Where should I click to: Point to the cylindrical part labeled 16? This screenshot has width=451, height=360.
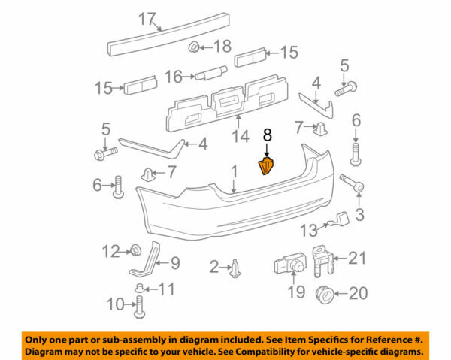point(210,74)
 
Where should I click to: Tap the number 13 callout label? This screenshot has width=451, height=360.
point(310,230)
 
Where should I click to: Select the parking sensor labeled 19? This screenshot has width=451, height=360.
point(287,265)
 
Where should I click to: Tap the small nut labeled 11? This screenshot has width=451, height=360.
point(141,288)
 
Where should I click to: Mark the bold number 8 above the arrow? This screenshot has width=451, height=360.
point(266,135)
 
